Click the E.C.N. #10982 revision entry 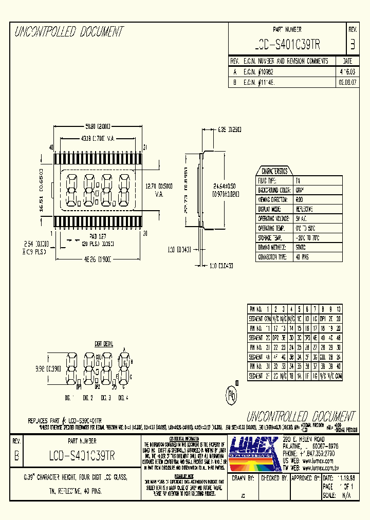tap(260, 72)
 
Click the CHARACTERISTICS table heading tap(274, 171)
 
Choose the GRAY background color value tap(300, 190)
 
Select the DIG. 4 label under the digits tap(123, 398)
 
